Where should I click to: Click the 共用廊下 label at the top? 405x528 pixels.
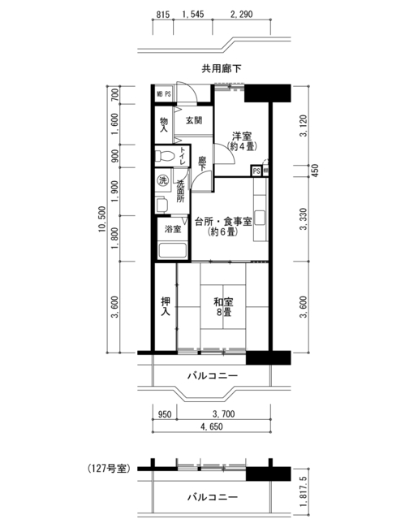[x=222, y=69]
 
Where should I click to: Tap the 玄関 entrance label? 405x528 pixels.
[x=194, y=120]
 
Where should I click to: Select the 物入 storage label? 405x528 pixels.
[x=164, y=125]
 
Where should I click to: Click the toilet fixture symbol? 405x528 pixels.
[x=165, y=156]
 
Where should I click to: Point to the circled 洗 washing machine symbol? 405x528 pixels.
[x=163, y=180]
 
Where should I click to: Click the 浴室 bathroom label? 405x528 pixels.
[x=173, y=229]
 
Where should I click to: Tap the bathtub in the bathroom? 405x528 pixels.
[x=172, y=250]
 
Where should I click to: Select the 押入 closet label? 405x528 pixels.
[x=165, y=306]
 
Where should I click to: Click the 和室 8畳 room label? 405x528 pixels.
[x=223, y=307]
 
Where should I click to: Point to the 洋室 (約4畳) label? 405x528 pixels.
[x=242, y=141]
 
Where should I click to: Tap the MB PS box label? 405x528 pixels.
[x=164, y=94]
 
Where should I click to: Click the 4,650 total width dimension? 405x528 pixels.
[x=212, y=426]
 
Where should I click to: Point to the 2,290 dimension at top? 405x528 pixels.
[x=242, y=14]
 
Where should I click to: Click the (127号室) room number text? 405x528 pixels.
[x=109, y=469]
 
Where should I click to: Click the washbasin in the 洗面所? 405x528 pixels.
[x=162, y=205]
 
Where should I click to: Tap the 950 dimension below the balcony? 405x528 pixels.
[x=165, y=413]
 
